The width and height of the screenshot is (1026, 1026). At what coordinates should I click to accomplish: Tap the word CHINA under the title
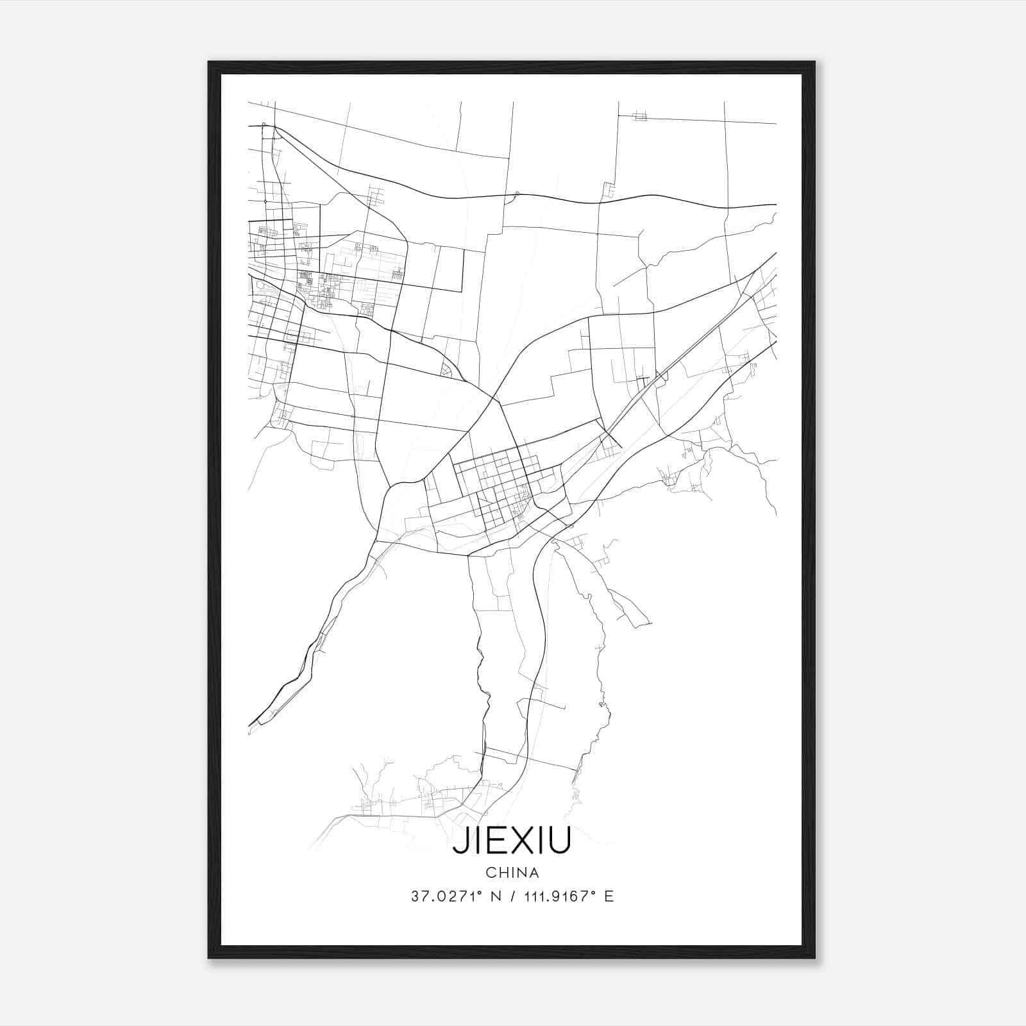pyautogui.click(x=512, y=873)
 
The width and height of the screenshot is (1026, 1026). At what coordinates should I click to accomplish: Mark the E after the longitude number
pyautogui.click(x=609, y=896)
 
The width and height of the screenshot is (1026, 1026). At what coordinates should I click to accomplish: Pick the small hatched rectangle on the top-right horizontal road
pyautogui.click(x=639, y=116)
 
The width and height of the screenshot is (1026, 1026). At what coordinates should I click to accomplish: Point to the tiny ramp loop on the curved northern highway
pyautogui.click(x=513, y=196)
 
